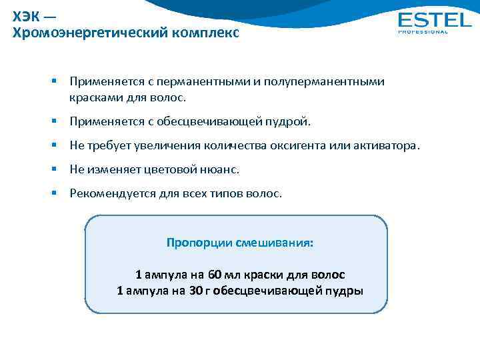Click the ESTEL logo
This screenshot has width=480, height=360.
pyautogui.click(x=434, y=19)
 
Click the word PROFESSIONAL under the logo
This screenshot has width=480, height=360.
pyautogui.click(x=423, y=32)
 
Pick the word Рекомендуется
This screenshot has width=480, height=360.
pyautogui.click(x=109, y=194)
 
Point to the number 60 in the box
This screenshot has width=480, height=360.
pyautogui.click(x=215, y=275)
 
